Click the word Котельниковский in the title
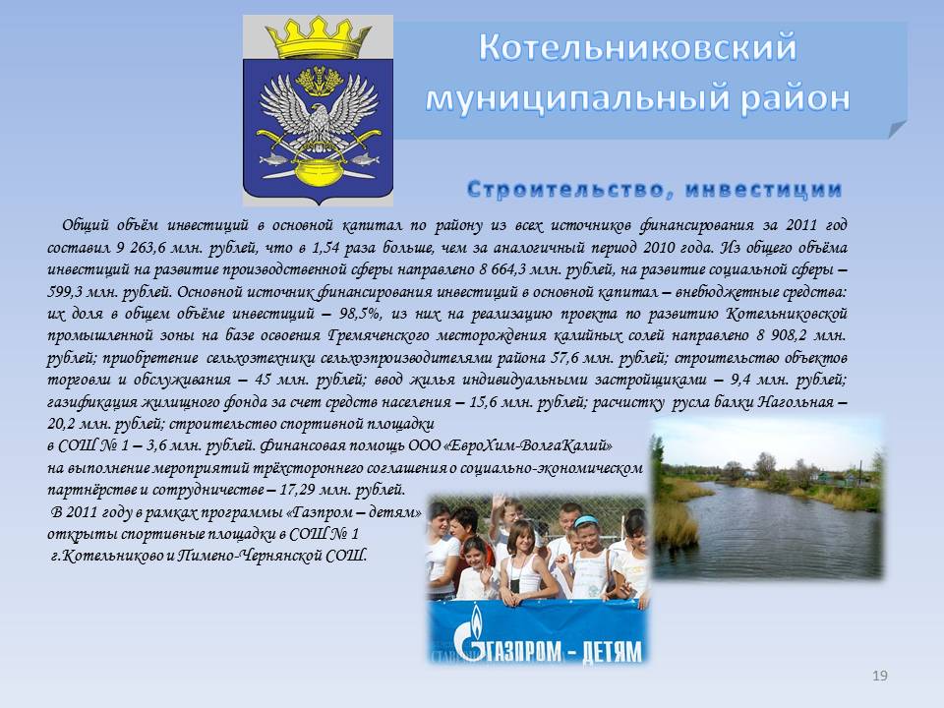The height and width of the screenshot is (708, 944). (x=637, y=47)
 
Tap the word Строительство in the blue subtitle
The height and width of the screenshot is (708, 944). (x=566, y=190)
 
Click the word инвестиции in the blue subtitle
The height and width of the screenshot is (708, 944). (x=763, y=190)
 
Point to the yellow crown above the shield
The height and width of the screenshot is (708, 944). (x=318, y=38)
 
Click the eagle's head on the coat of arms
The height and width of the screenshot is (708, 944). (x=319, y=113)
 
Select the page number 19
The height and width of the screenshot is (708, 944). (x=879, y=676)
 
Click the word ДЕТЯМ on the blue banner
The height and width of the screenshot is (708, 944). (x=613, y=651)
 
